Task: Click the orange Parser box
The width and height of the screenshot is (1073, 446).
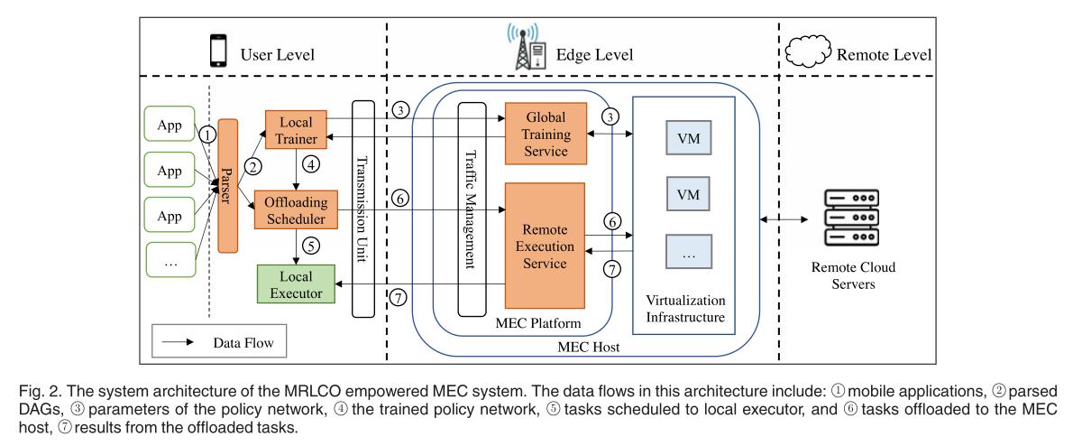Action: click(227, 185)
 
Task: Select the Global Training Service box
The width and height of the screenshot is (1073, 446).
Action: click(546, 134)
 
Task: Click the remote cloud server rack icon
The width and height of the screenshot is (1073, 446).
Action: click(853, 218)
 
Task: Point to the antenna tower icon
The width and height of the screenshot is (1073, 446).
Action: click(524, 47)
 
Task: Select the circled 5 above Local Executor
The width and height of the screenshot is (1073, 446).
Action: click(311, 245)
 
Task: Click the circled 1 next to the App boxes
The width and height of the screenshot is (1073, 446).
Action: click(208, 135)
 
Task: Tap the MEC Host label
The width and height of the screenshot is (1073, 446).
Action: click(582, 347)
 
